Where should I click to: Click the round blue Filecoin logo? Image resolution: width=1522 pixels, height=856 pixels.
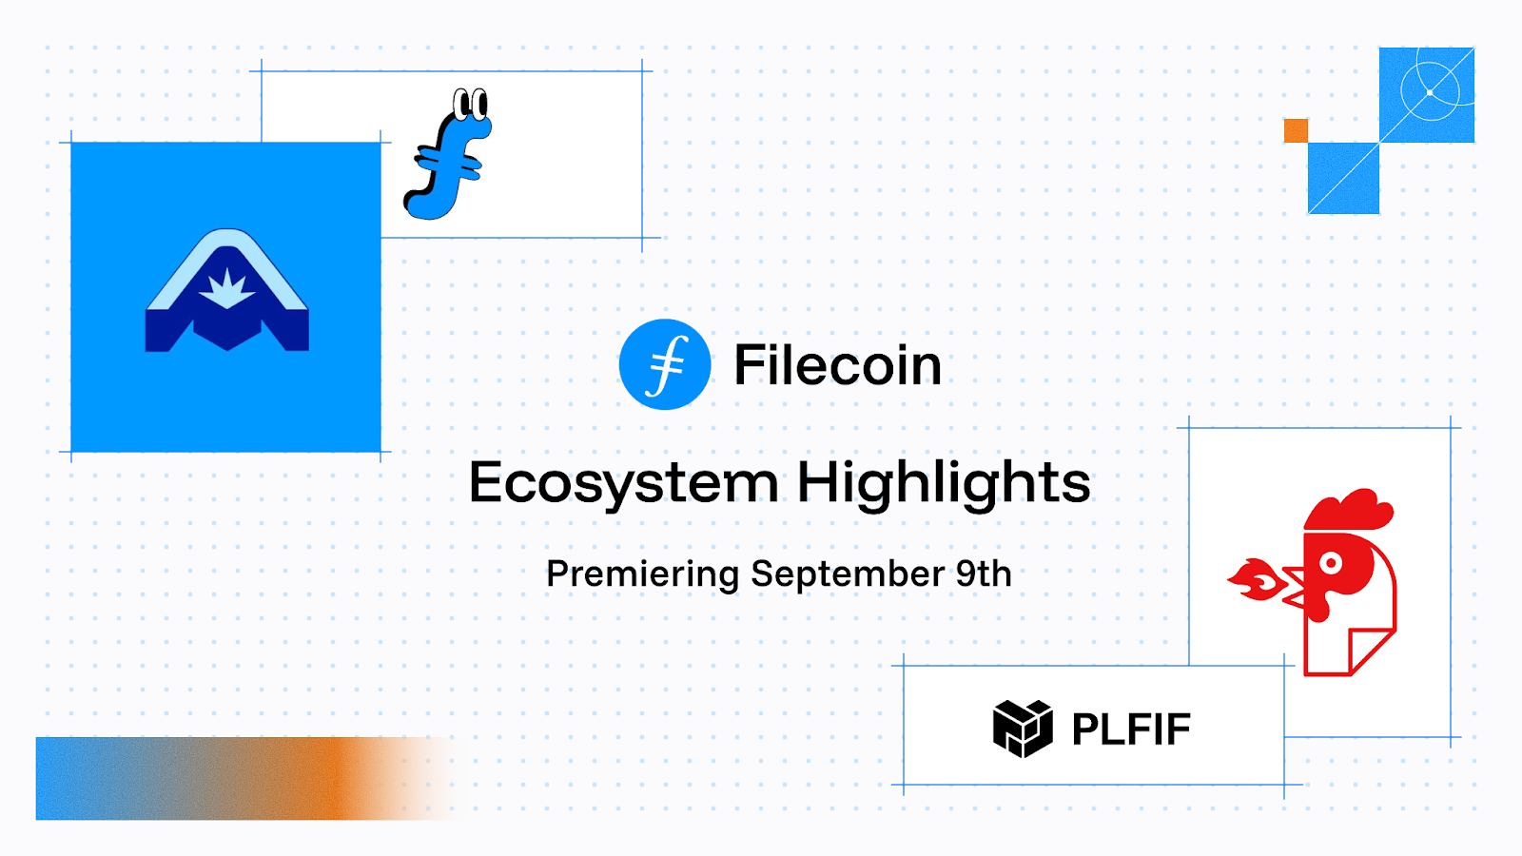coord(665,364)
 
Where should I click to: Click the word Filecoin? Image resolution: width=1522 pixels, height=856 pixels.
coord(838,365)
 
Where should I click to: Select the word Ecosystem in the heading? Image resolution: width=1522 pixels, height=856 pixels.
coord(624,483)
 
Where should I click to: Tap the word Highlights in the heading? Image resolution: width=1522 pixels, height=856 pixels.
coord(944,483)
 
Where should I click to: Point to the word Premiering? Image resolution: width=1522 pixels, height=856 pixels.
coord(643,574)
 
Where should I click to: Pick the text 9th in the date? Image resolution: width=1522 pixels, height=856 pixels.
coord(984,574)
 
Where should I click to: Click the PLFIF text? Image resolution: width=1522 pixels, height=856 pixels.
coord(1131,730)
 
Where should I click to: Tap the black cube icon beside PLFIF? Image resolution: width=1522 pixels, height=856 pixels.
coord(1023,729)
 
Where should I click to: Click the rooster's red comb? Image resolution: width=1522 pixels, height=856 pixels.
coord(1349,510)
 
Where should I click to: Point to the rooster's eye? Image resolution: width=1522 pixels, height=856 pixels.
coord(1331,562)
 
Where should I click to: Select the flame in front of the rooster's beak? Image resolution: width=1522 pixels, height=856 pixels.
coord(1255,579)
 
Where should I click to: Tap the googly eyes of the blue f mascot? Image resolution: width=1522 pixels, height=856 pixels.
coord(470,104)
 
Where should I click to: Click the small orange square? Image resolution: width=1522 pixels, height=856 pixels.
coord(1296,130)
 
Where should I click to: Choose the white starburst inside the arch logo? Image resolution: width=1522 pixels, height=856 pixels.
coord(227,289)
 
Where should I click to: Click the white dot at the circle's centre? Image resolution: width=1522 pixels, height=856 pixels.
coord(1430,93)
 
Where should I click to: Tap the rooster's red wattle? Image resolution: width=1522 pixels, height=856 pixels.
coord(1318,607)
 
